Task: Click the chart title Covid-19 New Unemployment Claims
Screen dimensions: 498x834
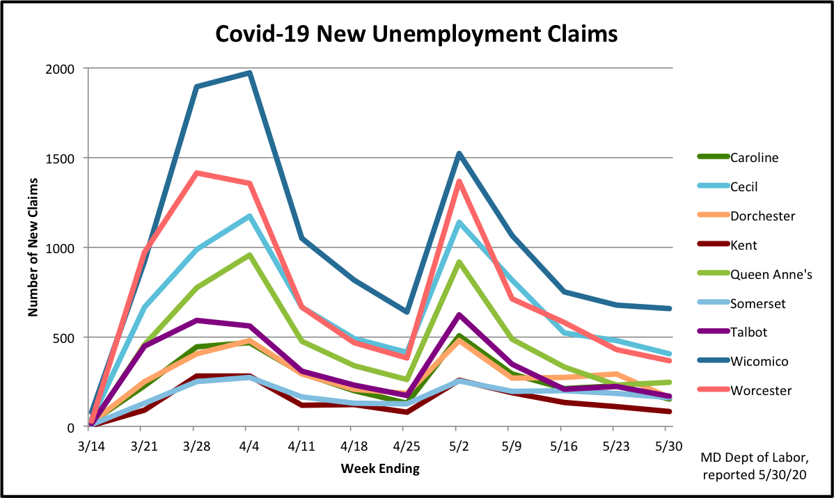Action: coord(416,33)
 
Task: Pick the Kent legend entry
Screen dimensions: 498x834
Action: coord(743,245)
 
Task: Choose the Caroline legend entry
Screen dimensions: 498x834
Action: coord(754,157)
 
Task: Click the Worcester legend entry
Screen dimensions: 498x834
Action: coord(761,390)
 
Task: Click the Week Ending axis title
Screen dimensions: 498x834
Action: coord(380,468)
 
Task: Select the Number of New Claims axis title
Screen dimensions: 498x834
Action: coord(33,248)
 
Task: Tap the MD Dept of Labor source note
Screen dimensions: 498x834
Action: coord(756,467)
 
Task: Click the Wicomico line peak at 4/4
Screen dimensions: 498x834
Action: coord(249,73)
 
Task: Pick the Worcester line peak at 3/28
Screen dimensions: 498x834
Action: coord(197,173)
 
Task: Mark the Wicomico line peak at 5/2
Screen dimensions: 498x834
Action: coord(457,154)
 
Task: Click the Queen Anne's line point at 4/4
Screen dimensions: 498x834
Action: coord(249,255)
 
